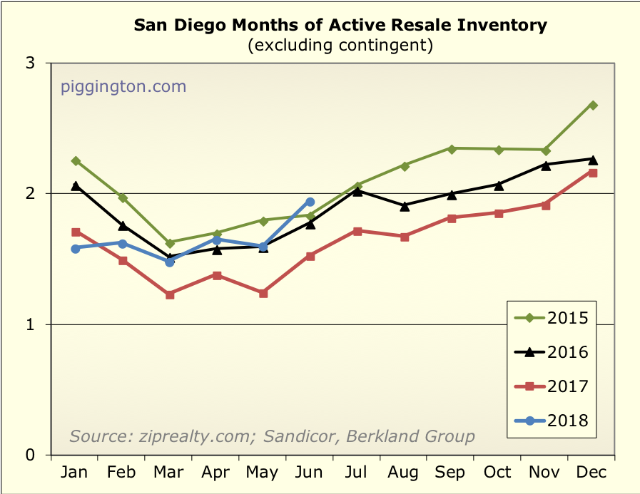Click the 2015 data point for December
592,106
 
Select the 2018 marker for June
310,202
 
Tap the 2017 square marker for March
170,294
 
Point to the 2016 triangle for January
76,185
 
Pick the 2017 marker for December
592,173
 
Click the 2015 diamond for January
76,161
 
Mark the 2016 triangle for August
405,206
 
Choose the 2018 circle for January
76,248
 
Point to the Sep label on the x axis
451,473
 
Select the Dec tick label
592,473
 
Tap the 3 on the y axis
31,63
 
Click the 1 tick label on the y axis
31,324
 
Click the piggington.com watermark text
123,87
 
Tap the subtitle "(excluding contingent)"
340,46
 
